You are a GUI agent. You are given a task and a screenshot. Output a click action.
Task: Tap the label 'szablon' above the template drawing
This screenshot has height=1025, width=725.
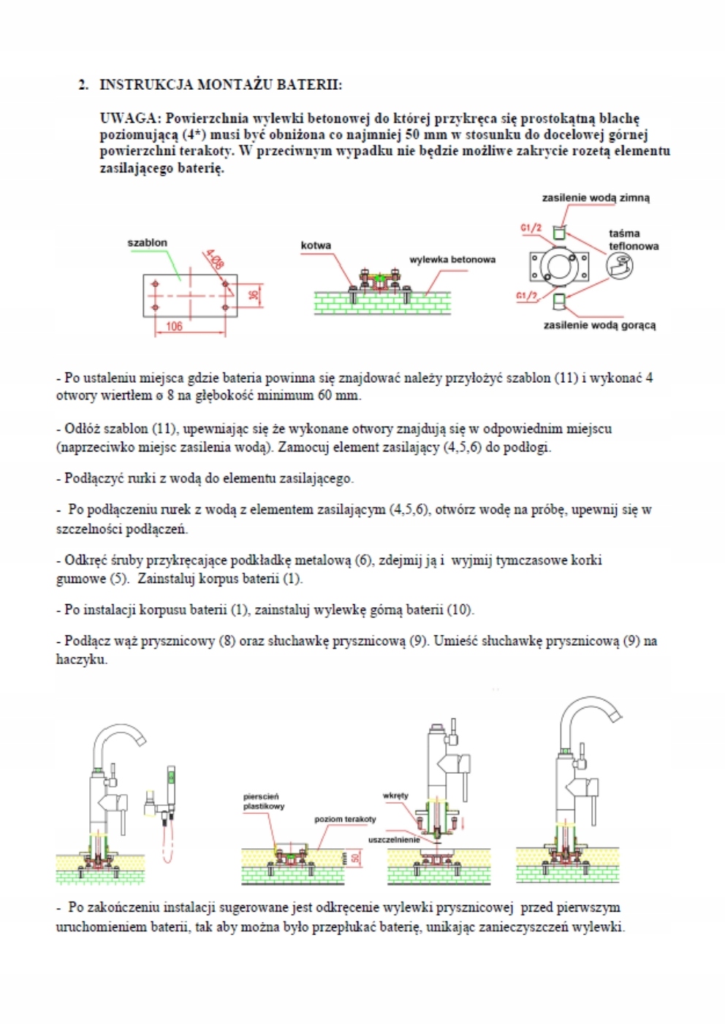[147, 243]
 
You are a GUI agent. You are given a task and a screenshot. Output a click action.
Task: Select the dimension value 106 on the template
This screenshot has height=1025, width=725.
[174, 327]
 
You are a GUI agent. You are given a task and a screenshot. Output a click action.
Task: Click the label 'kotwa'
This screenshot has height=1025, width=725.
[316, 245]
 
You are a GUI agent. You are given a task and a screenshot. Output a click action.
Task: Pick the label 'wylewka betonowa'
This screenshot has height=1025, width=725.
[452, 259]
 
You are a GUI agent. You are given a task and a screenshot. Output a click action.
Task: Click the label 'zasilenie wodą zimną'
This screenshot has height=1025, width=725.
[595, 198]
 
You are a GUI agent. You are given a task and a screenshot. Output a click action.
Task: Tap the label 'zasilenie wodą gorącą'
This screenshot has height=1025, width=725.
[599, 325]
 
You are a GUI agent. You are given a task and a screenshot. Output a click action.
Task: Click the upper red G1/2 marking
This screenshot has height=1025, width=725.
[531, 229]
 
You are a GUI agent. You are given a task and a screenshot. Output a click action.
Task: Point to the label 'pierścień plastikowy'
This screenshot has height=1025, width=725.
[263, 801]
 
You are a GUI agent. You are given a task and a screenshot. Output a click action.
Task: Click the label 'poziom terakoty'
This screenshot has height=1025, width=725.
[345, 819]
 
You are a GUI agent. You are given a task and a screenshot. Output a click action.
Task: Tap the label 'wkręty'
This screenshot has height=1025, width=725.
[395, 796]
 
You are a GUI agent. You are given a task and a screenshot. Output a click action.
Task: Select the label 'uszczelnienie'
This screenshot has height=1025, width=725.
[394, 839]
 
